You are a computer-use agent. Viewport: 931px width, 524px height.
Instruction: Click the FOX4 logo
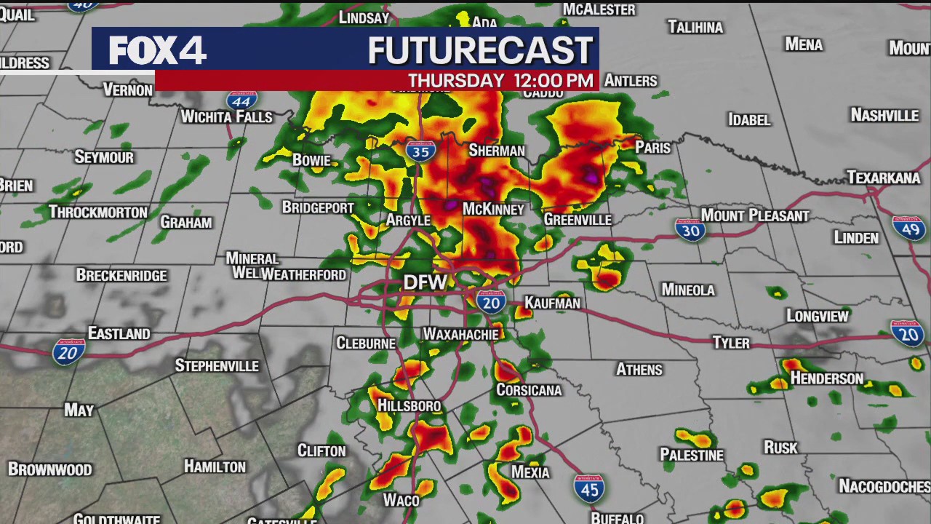[157, 50]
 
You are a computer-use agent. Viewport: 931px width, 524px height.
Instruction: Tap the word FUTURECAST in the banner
[480, 50]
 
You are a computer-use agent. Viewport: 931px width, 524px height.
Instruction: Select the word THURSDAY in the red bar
[456, 81]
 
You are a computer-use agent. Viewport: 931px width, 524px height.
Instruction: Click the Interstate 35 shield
[420, 150]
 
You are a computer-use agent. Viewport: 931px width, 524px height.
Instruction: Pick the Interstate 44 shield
[241, 99]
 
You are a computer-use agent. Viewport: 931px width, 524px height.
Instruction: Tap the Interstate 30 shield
[690, 230]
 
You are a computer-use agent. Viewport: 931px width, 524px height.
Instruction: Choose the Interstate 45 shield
[588, 488]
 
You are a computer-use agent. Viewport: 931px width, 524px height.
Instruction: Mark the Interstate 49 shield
[908, 229]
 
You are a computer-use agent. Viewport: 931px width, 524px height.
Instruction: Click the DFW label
[425, 282]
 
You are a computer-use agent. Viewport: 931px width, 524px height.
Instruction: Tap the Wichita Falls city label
[226, 116]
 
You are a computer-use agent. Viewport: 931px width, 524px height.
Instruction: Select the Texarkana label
[884, 178]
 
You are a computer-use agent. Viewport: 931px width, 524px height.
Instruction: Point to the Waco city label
[401, 500]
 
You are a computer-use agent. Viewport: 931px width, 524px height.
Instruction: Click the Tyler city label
[730, 342]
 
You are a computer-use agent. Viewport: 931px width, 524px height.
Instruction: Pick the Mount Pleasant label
[754, 215]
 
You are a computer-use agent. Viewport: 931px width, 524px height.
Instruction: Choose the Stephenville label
[217, 365]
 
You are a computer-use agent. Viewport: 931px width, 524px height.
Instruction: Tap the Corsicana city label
[529, 390]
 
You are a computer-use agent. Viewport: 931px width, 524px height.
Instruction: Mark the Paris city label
[652, 147]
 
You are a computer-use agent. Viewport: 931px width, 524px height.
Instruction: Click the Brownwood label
[50, 469]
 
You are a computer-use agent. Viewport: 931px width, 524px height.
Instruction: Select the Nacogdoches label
[883, 485]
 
